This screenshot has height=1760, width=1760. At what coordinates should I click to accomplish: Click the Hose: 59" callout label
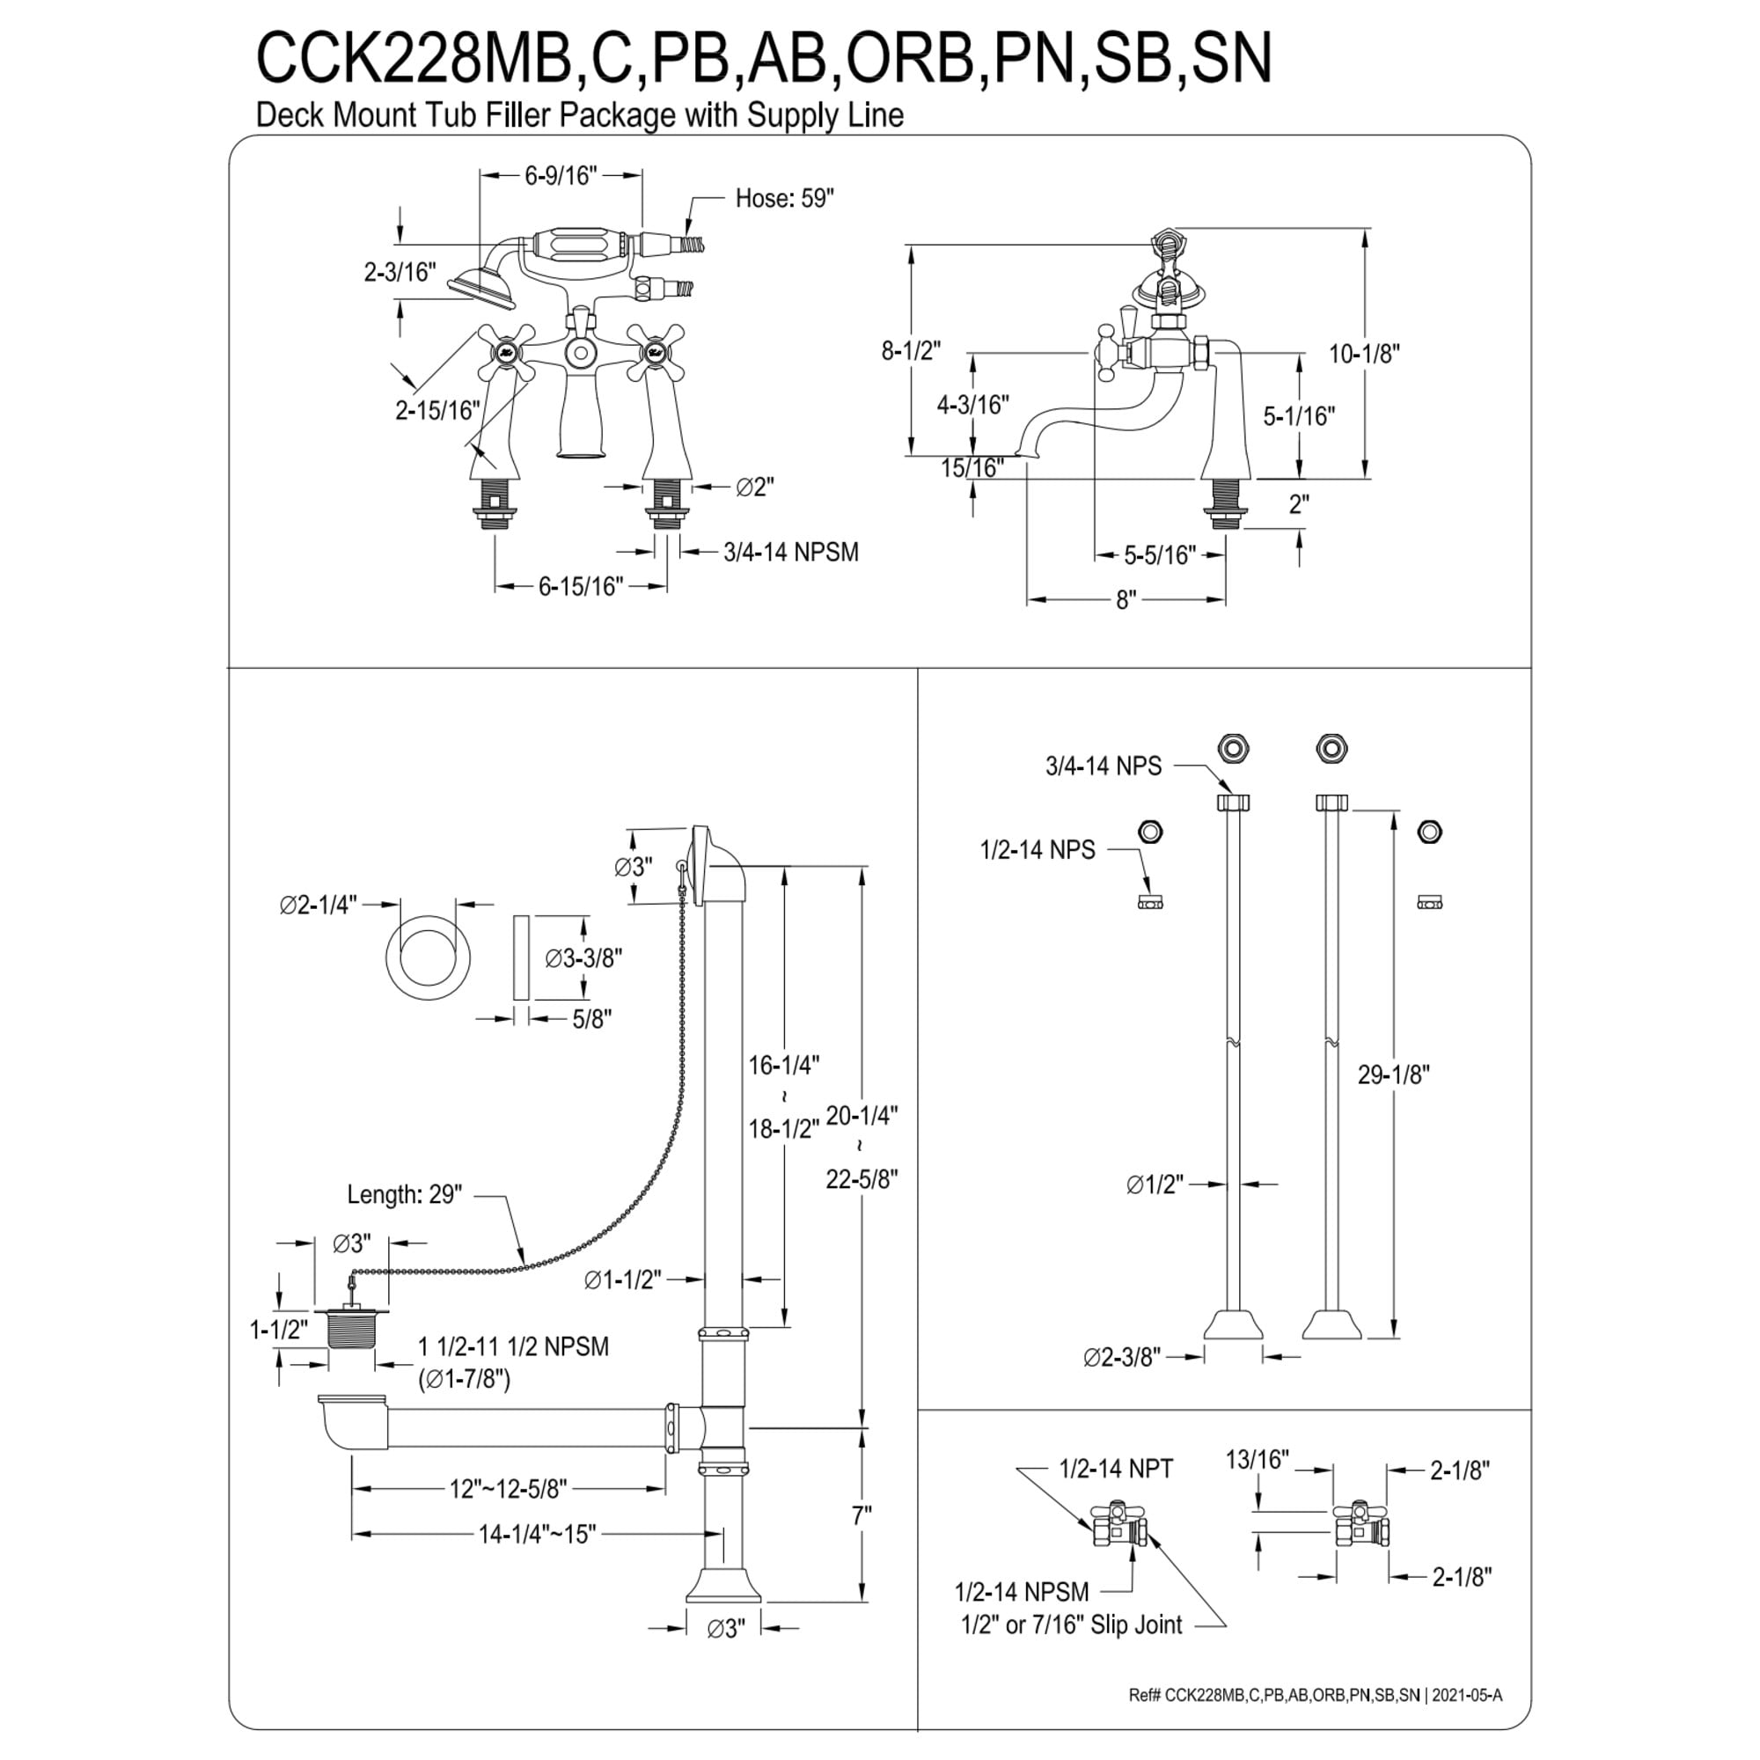(784, 199)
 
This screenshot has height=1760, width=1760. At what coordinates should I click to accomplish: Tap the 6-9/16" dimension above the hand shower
(561, 175)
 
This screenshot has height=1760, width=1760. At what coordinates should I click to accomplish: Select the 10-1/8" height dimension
(1364, 354)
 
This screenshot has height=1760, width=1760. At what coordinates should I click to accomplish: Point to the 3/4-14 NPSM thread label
(791, 552)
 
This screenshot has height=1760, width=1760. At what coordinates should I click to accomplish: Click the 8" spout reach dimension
(1127, 600)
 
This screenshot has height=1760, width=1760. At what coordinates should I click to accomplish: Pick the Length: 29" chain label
(405, 1194)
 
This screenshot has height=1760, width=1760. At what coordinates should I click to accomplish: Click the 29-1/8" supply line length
(1394, 1075)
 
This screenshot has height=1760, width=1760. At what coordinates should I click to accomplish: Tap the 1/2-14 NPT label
(1116, 1469)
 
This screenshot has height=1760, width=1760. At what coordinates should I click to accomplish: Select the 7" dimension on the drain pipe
(861, 1516)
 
